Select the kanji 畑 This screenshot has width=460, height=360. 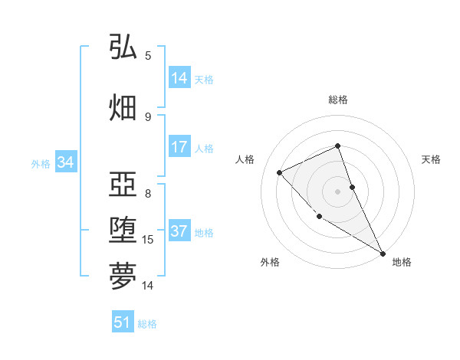point(123,107)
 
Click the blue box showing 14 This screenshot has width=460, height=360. point(179,78)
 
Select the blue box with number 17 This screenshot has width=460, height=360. point(179,148)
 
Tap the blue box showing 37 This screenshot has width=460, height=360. point(179,232)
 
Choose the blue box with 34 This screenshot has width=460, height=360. point(65,162)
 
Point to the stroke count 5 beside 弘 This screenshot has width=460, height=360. point(148,55)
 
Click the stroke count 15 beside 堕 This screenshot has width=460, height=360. point(148,240)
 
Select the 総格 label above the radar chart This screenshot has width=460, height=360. point(338,100)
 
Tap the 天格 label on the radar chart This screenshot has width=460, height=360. point(432,159)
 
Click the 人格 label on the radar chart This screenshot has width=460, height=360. point(245,159)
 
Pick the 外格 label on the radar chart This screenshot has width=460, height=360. point(270,262)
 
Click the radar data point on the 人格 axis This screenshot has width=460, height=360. point(280,172)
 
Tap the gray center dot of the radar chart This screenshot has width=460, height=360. point(338,191)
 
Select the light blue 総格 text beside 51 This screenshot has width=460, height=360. point(147,324)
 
